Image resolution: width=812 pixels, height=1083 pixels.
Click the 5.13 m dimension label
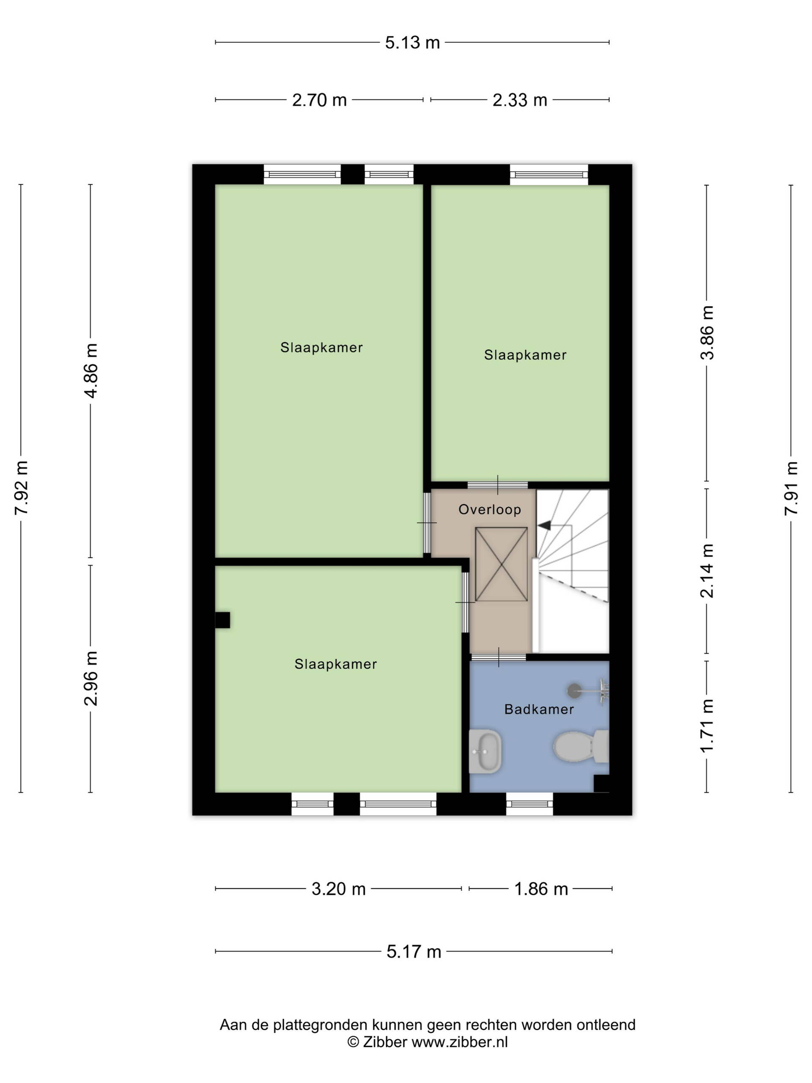coord(412,43)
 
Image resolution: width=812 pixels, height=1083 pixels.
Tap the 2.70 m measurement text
coord(319,100)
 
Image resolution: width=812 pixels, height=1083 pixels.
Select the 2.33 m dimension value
coord(519,100)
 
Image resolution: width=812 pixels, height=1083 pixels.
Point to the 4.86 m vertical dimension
coord(91,371)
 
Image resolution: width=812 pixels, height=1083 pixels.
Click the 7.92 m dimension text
coord(22,488)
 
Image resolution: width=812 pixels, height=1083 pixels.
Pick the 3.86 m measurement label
coord(707,333)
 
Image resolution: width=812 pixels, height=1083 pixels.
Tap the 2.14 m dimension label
coord(707,571)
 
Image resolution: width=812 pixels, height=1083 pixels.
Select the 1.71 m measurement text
coord(707,726)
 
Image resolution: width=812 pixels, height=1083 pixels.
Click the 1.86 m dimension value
coord(541,889)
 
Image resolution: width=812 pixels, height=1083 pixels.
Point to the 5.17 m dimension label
coord(414,951)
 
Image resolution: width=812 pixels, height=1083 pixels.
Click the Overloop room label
coord(489,510)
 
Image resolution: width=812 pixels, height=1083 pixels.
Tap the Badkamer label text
coord(539,709)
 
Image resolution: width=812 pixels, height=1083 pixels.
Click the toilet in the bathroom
coord(581,746)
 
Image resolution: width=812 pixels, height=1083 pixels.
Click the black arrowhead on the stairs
coord(544,525)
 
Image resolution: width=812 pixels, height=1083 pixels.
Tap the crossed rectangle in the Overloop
coord(501,564)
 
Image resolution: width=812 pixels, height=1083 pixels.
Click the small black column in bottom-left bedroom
coord(223,620)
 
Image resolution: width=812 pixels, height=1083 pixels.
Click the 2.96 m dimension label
coord(91,678)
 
